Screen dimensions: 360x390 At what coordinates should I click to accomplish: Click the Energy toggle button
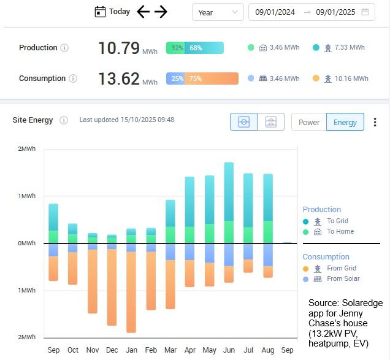(x=345, y=122)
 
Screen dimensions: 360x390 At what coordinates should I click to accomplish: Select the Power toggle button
(x=309, y=122)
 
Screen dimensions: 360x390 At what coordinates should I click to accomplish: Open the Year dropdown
(x=218, y=12)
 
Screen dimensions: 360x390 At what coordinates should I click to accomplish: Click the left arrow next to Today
(x=143, y=12)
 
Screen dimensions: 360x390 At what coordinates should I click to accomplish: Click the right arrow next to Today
(x=161, y=12)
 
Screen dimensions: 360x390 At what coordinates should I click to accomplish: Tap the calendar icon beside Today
(x=101, y=12)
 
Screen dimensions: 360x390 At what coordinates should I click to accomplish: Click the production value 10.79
(x=120, y=48)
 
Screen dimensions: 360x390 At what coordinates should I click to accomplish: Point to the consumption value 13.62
(x=119, y=79)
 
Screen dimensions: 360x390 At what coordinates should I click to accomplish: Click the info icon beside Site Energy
(x=64, y=120)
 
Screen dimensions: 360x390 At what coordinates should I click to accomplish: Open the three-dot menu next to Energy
(x=375, y=122)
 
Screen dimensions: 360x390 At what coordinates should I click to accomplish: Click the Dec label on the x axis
(x=112, y=350)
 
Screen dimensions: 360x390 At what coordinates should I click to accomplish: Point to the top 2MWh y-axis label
(x=27, y=149)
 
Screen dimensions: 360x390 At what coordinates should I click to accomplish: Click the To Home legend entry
(x=340, y=232)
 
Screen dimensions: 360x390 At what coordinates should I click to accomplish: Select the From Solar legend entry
(x=343, y=279)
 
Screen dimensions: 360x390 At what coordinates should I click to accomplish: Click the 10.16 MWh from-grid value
(x=348, y=79)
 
